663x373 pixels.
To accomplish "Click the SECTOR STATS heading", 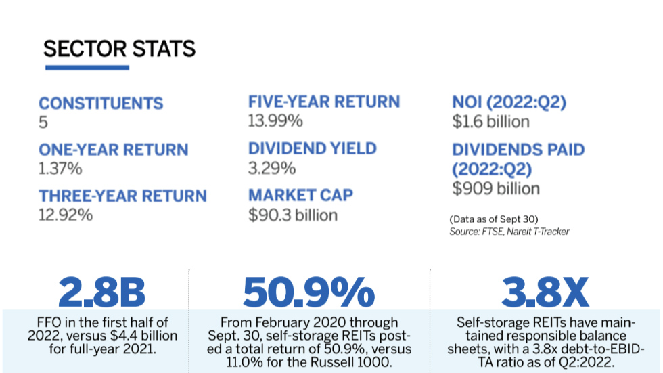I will (x=119, y=49).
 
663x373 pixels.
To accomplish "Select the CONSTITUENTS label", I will (x=101, y=104).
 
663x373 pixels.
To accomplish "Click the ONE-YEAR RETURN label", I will (x=113, y=150).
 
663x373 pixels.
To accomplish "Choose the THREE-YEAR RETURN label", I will (x=122, y=196).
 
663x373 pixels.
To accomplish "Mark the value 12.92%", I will (x=66, y=215).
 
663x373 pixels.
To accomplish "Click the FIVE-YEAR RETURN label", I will (x=323, y=102).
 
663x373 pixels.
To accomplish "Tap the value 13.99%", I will (x=275, y=121).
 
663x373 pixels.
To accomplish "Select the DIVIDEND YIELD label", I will (x=312, y=149).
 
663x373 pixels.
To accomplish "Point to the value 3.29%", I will (x=272, y=168).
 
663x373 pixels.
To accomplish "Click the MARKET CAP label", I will (x=300, y=196).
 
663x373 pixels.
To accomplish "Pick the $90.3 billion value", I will (x=293, y=215).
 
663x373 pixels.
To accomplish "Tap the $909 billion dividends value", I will (x=495, y=188).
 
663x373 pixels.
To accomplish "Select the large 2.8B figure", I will (x=101, y=292).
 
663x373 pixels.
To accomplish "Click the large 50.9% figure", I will (x=308, y=292).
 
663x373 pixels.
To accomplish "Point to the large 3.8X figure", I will (x=546, y=292).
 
